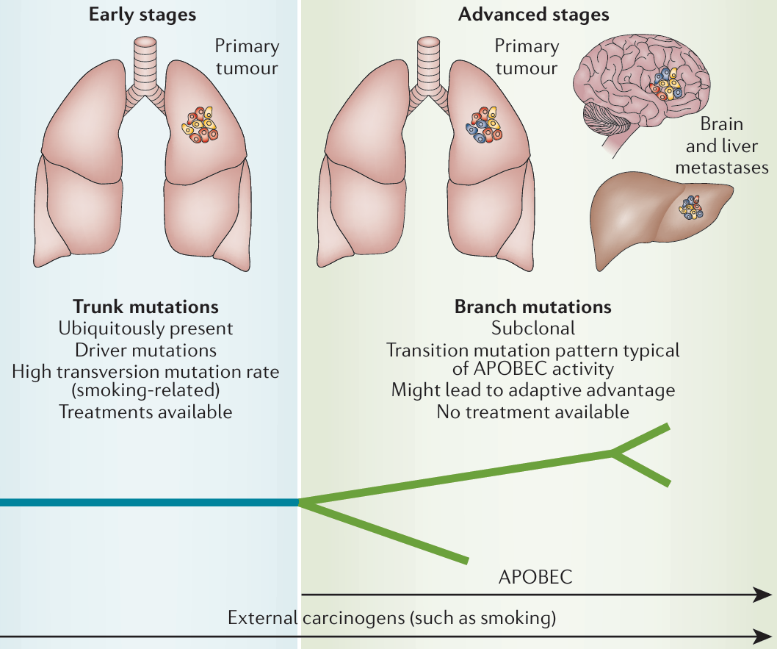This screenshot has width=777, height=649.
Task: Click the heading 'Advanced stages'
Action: (x=533, y=14)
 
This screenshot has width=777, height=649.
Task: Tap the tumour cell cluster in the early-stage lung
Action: (x=200, y=126)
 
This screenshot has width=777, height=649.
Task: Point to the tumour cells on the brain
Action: (x=665, y=83)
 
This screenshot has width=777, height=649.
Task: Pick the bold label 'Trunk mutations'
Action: (x=145, y=306)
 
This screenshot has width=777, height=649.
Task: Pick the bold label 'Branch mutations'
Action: (x=533, y=306)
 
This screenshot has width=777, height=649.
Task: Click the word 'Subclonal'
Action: (x=533, y=328)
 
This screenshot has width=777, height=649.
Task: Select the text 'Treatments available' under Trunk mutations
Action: (x=145, y=412)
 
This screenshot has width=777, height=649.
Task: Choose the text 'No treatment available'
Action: (x=533, y=412)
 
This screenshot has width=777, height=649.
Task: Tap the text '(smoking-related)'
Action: (x=145, y=390)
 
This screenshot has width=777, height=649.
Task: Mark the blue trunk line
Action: (x=147, y=503)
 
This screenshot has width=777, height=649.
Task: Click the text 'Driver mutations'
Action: (x=145, y=349)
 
